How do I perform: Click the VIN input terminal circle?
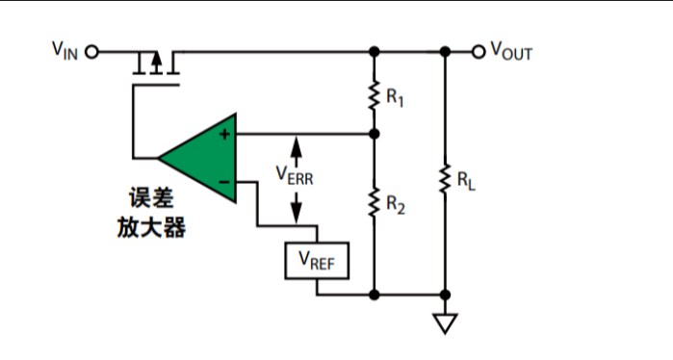tap(91, 52)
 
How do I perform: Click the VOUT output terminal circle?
tap(479, 52)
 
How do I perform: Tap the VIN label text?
tap(65, 50)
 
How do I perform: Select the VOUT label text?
tap(511, 51)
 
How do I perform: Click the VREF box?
tap(317, 261)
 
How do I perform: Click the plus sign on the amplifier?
tap(224, 135)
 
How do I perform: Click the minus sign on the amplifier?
tap(224, 182)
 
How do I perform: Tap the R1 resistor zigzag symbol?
tap(375, 95)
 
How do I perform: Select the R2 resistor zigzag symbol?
tap(375, 202)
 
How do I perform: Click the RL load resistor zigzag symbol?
tap(445, 178)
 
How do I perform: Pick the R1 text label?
tap(395, 98)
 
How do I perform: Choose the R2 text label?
tap(396, 204)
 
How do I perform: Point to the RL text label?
tap(466, 180)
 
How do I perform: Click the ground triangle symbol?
tap(445, 323)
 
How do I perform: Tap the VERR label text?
tap(295, 175)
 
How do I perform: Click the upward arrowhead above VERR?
tap(297, 142)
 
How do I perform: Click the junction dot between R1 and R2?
tap(375, 135)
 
